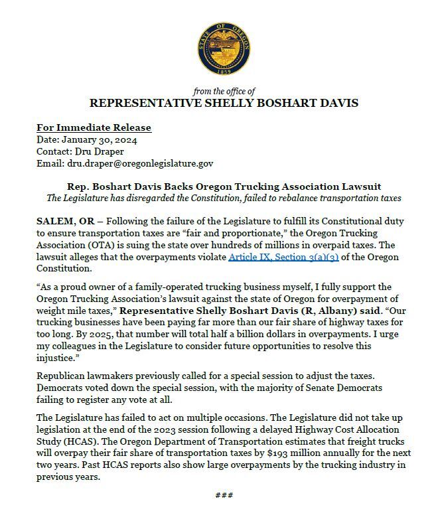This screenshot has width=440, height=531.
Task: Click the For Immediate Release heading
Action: tap(94, 127)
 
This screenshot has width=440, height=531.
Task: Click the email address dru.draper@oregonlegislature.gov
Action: tap(141, 163)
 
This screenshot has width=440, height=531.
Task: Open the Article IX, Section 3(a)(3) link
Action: tap(283, 256)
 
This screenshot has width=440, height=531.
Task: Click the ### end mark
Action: tap(224, 495)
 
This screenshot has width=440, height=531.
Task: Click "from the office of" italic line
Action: tap(224, 91)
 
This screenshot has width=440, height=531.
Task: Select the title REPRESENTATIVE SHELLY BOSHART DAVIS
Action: tap(224, 104)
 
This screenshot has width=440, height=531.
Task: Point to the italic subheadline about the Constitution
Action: tap(224, 198)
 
